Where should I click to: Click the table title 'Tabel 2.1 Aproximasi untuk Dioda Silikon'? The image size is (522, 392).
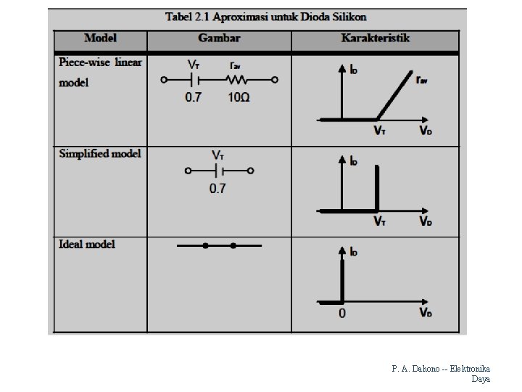coord(266,16)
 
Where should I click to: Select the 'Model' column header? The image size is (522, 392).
coord(100,38)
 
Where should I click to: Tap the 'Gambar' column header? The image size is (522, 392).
coord(219,38)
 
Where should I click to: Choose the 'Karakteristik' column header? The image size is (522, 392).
coord(376,38)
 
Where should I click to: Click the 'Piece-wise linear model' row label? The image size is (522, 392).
coord(100,72)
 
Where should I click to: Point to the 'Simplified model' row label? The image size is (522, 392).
coord(100,153)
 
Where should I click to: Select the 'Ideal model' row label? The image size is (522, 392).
coord(87,244)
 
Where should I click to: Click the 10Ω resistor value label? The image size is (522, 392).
coord(239,97)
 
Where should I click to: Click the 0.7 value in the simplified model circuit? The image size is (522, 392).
coord(217,189)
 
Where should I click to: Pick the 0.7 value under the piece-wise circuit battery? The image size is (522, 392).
coord(193,97)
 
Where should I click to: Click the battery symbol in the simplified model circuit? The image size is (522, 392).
coord(218,171)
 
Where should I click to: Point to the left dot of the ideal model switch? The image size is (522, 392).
coord(206,246)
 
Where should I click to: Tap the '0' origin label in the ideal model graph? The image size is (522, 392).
coord(342,314)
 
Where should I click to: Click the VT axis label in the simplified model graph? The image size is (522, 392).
coord(380,221)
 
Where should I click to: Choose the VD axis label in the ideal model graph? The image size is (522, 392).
coord(426,312)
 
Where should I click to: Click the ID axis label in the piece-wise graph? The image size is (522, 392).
coord(354,70)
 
